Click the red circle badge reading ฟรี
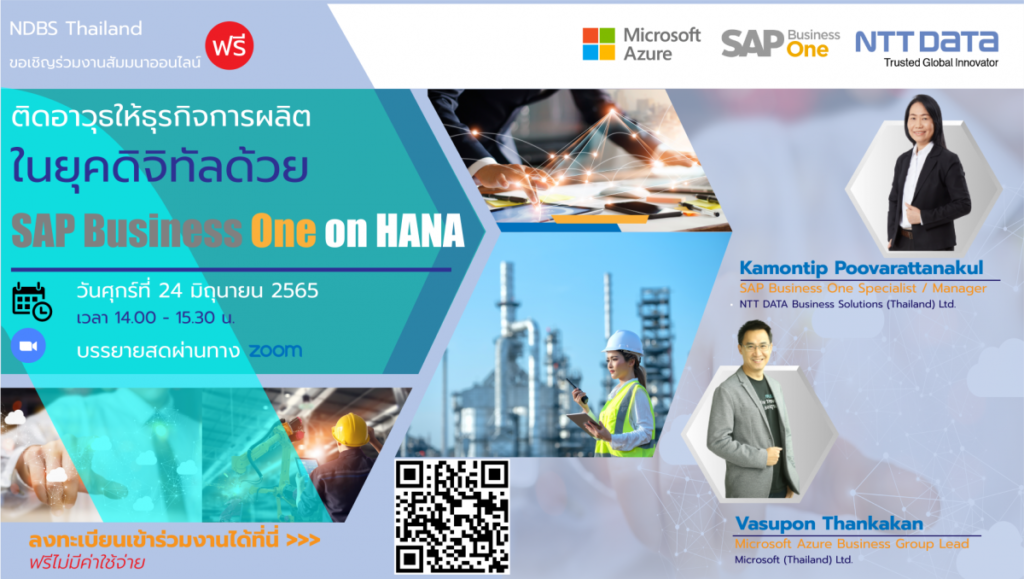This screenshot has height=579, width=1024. [x=229, y=46]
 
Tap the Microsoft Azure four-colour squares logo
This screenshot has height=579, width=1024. [x=599, y=44]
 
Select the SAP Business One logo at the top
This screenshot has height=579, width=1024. [x=780, y=44]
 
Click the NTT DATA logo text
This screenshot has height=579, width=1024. [x=927, y=42]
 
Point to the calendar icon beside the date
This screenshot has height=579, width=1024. [x=32, y=302]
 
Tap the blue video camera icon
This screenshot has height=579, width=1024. [x=28, y=346]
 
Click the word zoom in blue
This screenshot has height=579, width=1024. [x=276, y=351]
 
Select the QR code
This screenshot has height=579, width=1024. [x=452, y=516]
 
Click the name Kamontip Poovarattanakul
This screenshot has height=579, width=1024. [x=861, y=268]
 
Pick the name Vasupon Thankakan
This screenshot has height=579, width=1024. [x=829, y=524]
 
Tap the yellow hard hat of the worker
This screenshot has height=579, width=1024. [x=351, y=430]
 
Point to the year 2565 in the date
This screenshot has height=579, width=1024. [x=295, y=290]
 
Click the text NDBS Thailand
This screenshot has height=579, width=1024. [x=76, y=28]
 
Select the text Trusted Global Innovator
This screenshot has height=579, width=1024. [x=941, y=63]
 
